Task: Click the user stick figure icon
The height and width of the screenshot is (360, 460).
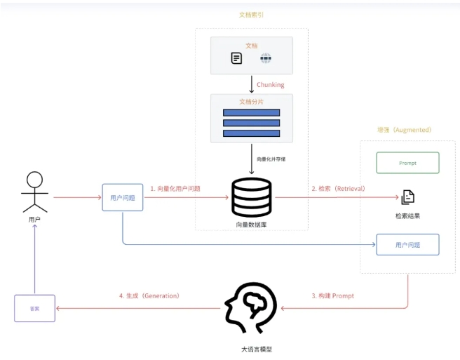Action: (x=34, y=192)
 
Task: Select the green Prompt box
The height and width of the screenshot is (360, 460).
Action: (x=407, y=163)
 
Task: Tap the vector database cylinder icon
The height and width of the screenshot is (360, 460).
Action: (x=251, y=197)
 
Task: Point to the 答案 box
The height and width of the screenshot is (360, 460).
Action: (x=34, y=308)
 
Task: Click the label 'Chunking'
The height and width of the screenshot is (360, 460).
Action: (x=271, y=85)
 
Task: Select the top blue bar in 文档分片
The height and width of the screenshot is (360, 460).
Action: (x=251, y=112)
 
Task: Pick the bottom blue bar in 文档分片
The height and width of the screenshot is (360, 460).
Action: (x=251, y=133)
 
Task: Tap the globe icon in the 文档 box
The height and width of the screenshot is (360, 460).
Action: (x=266, y=59)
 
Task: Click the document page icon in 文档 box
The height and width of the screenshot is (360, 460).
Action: (x=237, y=59)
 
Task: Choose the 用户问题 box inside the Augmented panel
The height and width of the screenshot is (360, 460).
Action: (x=407, y=244)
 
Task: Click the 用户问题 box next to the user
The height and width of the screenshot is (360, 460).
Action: (x=123, y=198)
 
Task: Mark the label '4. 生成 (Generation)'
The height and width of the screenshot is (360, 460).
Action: (x=149, y=296)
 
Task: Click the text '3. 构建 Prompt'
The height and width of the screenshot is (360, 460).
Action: (x=332, y=296)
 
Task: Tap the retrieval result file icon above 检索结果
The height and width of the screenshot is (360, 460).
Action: (x=407, y=197)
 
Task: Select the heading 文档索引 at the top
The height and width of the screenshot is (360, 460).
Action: (x=251, y=14)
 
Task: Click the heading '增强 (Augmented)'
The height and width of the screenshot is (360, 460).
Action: (x=404, y=130)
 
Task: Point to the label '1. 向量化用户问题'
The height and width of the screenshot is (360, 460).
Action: (x=175, y=189)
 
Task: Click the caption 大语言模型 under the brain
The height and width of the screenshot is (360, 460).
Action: (x=251, y=349)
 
